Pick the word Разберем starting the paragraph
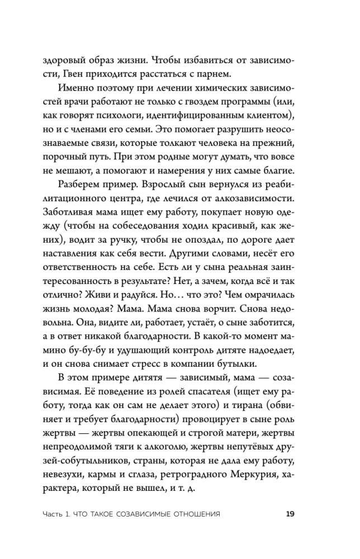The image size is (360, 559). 82,202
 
